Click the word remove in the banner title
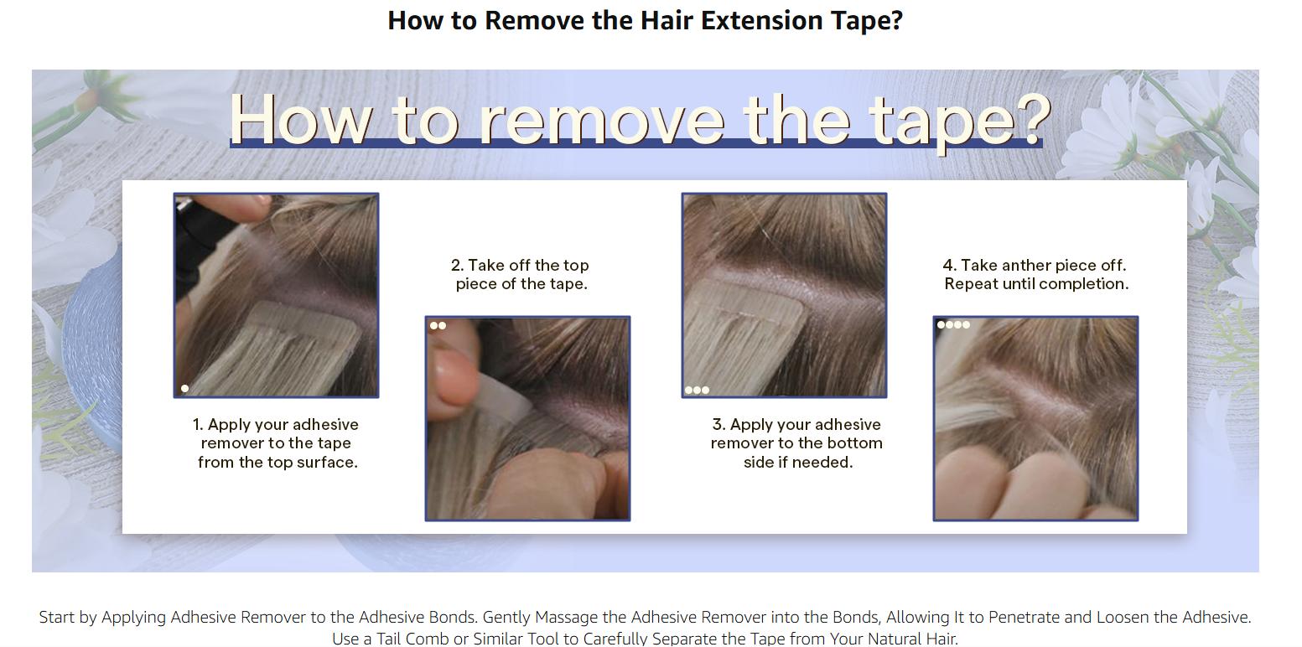click(602, 119)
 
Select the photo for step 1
click(276, 295)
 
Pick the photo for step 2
click(527, 418)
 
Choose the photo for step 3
click(784, 295)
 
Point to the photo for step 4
click(1035, 418)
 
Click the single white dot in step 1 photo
click(185, 388)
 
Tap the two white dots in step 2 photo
click(438, 326)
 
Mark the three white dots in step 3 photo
click(697, 390)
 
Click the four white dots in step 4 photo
click(953, 324)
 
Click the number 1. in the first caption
click(199, 425)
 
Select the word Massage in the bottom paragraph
click(567, 618)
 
